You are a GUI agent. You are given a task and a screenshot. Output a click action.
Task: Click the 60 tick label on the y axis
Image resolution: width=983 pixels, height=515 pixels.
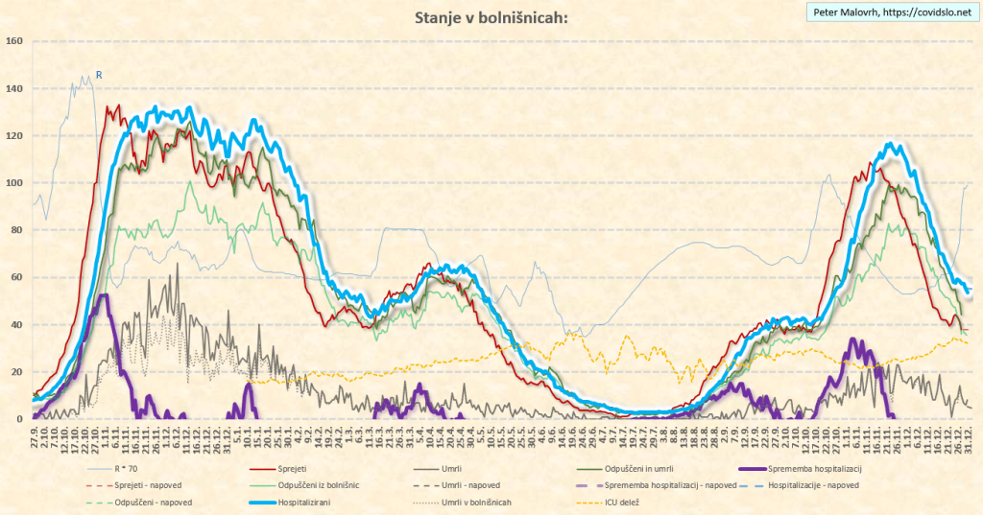tap(16, 277)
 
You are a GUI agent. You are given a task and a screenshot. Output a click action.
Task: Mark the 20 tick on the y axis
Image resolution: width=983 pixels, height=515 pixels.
tap(16, 371)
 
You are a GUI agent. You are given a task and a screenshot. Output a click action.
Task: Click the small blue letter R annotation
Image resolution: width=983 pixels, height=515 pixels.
tap(98, 74)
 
